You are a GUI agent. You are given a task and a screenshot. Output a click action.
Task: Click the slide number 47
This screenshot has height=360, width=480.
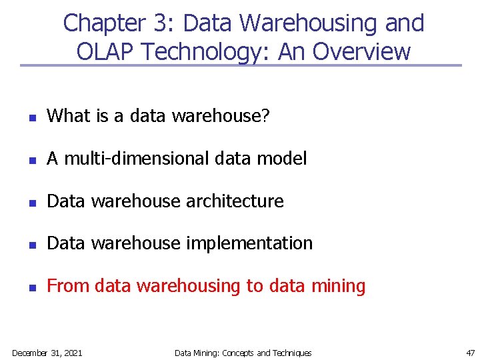tap(470, 353)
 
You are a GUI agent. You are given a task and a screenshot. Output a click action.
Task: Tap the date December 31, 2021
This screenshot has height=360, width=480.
tap(47, 353)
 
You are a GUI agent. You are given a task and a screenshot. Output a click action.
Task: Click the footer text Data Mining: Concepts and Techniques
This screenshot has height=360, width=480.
tap(243, 353)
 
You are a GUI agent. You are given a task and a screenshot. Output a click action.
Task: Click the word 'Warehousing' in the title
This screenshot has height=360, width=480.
tap(310, 23)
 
